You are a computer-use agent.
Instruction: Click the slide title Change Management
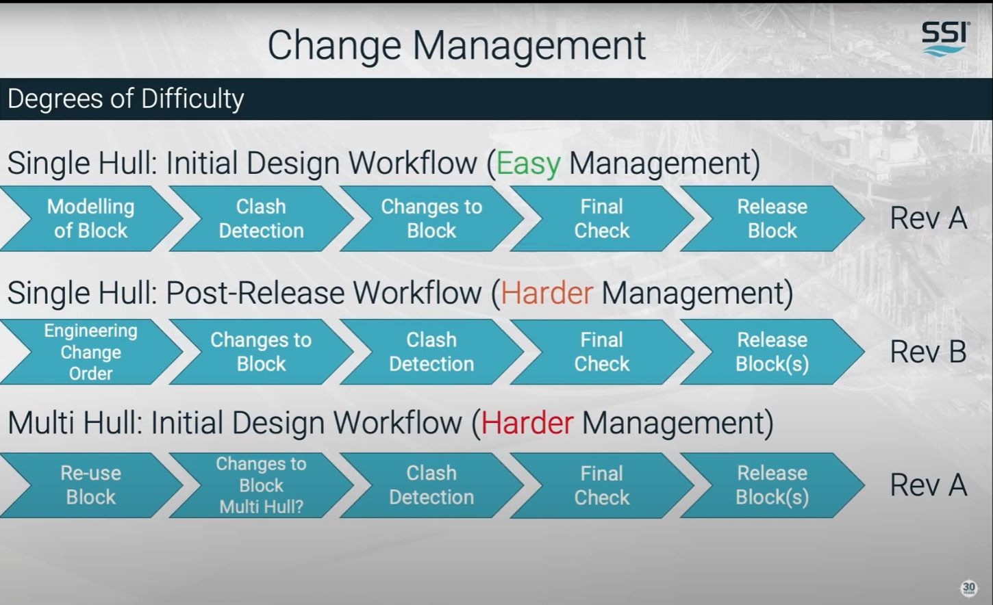(456, 45)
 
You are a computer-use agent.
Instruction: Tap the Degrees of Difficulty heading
(126, 99)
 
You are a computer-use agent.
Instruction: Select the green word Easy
(528, 164)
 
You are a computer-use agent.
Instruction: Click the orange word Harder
(546, 294)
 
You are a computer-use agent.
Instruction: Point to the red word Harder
(527, 423)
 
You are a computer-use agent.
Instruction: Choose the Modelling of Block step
(90, 218)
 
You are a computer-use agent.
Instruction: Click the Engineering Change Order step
(90, 352)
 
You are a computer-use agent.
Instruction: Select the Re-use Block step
(90, 485)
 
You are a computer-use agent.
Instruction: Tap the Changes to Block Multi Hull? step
(261, 485)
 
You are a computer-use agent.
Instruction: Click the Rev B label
(928, 352)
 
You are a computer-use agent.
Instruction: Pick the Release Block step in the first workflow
(772, 218)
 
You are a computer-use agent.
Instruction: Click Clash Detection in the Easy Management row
(261, 218)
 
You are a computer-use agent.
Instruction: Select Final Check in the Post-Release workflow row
(601, 352)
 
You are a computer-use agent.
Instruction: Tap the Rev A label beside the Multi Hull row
(928, 485)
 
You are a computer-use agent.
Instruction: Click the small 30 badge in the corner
(968, 588)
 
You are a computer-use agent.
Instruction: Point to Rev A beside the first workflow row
(928, 218)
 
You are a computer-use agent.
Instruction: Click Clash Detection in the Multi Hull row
(431, 485)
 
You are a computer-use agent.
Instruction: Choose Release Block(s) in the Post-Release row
(772, 352)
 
